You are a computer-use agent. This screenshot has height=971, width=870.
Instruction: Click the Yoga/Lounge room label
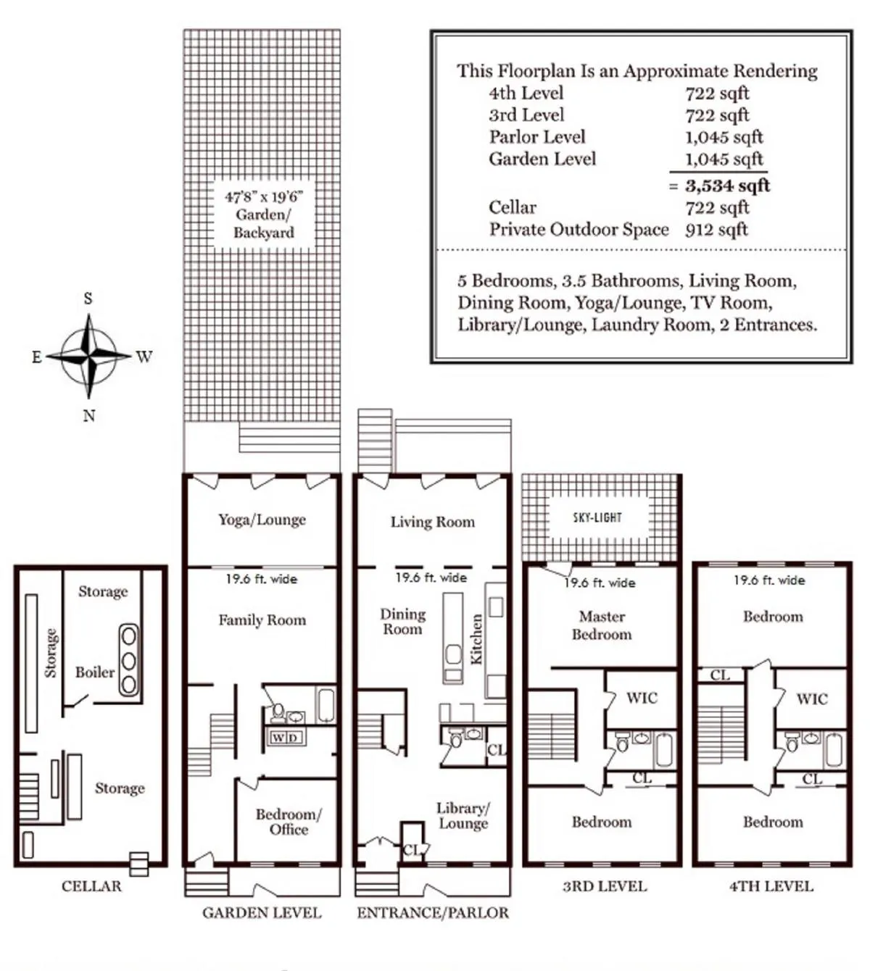point(262,520)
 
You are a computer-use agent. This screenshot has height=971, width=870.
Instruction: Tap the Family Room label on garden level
point(262,620)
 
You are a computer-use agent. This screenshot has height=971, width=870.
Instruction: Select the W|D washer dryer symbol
point(286,738)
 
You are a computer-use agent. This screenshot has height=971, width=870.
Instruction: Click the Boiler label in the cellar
point(95,672)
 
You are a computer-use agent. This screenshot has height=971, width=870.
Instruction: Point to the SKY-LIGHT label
point(597,517)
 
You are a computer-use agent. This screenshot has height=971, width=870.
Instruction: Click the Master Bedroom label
point(602,625)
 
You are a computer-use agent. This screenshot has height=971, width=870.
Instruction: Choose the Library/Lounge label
point(463,815)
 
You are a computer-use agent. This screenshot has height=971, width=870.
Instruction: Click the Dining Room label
point(402,622)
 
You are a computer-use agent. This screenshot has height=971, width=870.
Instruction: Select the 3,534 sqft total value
point(727,186)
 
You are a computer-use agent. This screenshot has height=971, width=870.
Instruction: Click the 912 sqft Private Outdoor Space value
point(716,230)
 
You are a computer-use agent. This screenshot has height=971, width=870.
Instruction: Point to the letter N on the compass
point(88,416)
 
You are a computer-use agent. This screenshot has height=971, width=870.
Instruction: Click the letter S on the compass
point(88,299)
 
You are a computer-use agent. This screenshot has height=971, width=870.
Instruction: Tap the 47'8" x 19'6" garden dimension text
point(264,196)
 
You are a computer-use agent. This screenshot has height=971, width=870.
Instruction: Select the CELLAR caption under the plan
point(91,886)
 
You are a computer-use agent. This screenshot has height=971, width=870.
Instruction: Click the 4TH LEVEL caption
point(771,886)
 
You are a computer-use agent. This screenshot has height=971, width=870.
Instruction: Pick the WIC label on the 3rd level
point(642,698)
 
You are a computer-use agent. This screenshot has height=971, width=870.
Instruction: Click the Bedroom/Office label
point(289,822)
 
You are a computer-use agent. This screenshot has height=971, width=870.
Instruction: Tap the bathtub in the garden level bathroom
point(326,705)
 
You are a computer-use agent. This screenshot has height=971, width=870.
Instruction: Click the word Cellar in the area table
point(513,208)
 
